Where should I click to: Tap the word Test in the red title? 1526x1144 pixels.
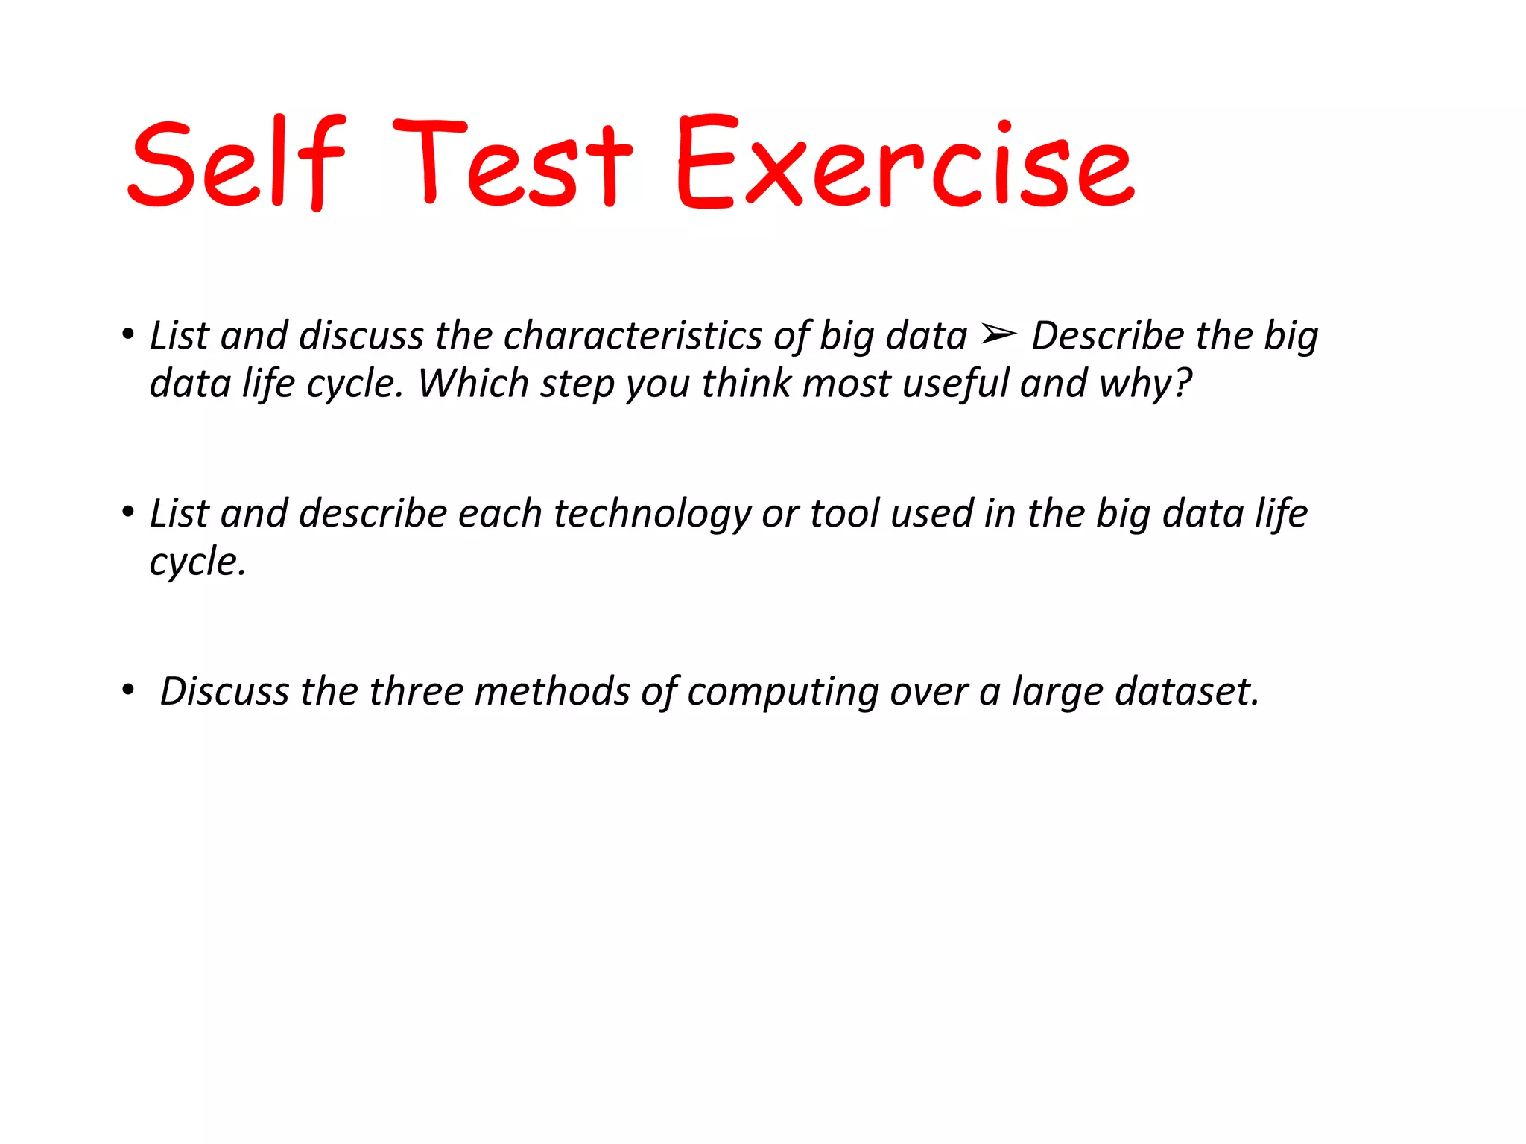point(513,162)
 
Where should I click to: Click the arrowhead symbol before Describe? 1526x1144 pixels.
point(998,336)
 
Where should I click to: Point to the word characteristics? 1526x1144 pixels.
point(632,336)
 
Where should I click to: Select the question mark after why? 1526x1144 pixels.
point(1183,383)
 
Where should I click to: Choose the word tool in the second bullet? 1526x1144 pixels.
point(844,514)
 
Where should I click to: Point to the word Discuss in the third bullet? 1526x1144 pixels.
point(224,691)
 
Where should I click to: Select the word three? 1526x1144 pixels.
point(416,691)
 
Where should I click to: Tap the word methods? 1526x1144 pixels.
point(552,691)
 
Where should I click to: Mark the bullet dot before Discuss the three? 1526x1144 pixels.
point(128,690)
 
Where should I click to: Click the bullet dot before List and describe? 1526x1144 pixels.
point(128,512)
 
